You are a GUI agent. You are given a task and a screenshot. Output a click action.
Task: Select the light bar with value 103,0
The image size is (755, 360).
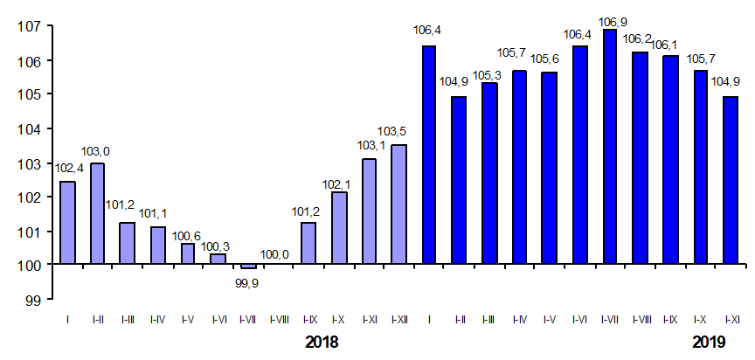click(x=98, y=213)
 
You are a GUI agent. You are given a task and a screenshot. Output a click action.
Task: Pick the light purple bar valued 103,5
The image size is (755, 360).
click(x=398, y=204)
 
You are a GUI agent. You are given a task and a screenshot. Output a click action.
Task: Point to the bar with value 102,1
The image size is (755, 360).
click(x=338, y=228)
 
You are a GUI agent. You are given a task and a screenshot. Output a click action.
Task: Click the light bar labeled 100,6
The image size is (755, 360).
click(x=188, y=253)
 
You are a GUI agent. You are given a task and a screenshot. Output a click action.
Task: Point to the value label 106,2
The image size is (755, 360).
click(x=640, y=39)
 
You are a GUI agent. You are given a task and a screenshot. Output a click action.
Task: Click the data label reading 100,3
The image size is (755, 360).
click(x=218, y=246)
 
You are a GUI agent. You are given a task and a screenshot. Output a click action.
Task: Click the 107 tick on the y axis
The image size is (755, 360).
click(x=31, y=26)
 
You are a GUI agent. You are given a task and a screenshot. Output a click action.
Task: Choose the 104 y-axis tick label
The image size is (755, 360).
click(x=31, y=128)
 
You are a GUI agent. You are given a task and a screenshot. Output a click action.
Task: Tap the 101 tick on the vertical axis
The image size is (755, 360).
click(x=31, y=232)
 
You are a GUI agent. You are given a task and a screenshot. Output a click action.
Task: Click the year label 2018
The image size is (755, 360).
click(x=322, y=342)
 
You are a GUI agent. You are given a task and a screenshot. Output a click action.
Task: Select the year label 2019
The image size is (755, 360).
click(x=709, y=342)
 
